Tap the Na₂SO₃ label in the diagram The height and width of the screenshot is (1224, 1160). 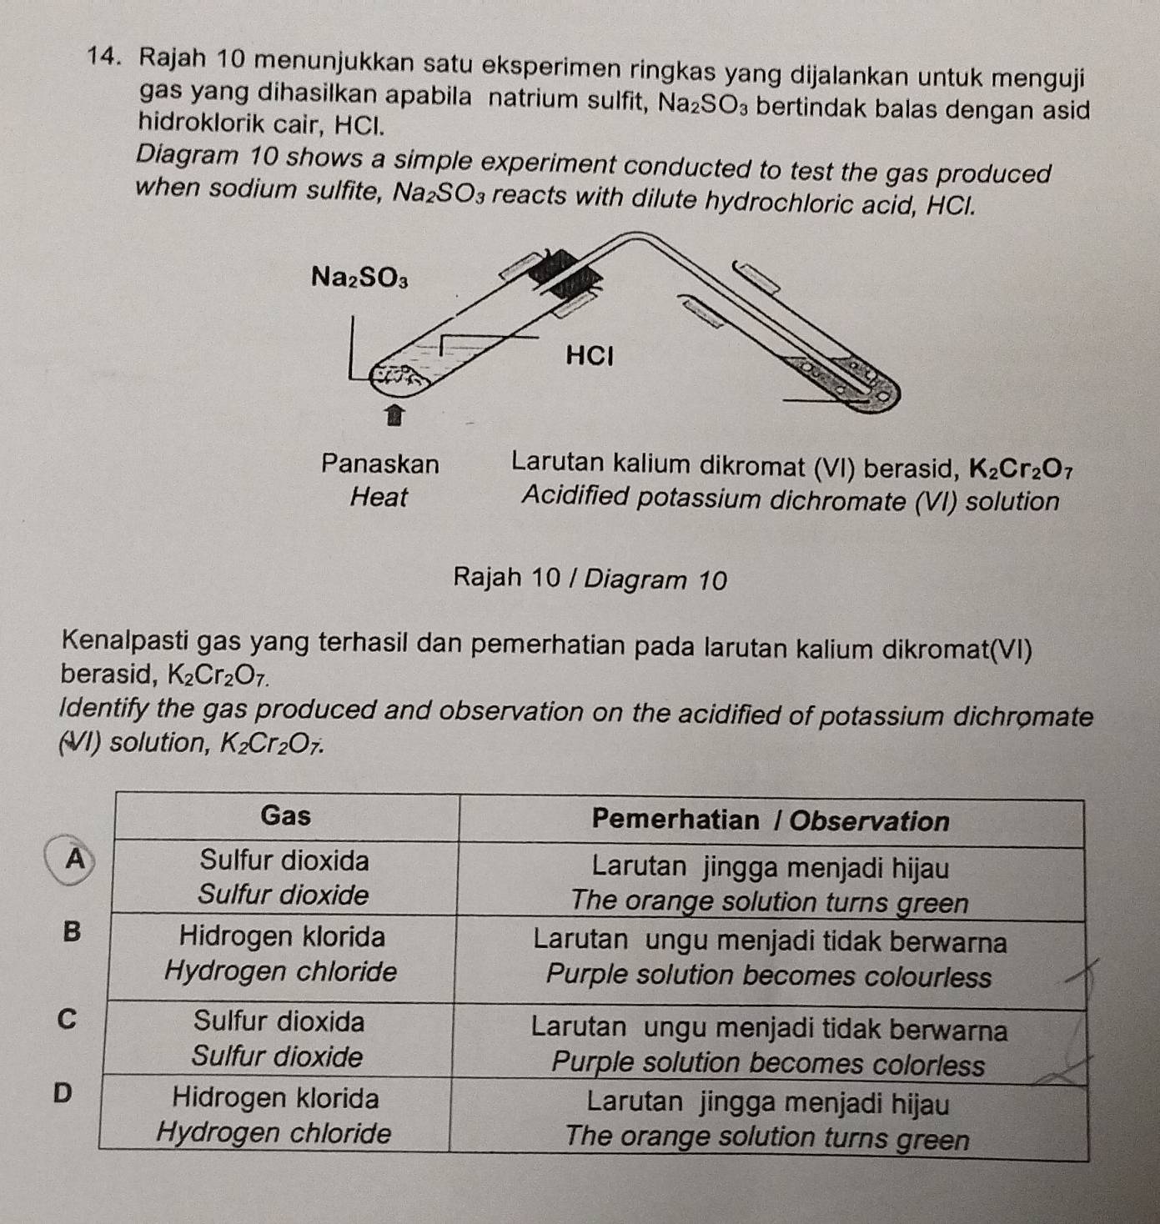359,276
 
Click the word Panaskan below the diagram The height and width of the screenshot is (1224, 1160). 380,464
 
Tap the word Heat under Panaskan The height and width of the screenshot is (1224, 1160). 379,498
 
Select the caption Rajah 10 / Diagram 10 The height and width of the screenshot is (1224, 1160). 590,579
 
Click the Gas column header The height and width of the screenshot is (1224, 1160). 285,815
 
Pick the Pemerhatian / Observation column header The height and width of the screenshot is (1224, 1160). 770,821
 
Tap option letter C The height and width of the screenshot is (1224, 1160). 67,1018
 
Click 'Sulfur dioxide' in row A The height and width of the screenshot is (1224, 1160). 284,895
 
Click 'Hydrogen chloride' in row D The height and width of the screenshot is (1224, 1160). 274,1133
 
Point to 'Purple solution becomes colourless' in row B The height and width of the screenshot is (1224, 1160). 768,976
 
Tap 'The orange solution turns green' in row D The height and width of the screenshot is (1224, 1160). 767,1137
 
